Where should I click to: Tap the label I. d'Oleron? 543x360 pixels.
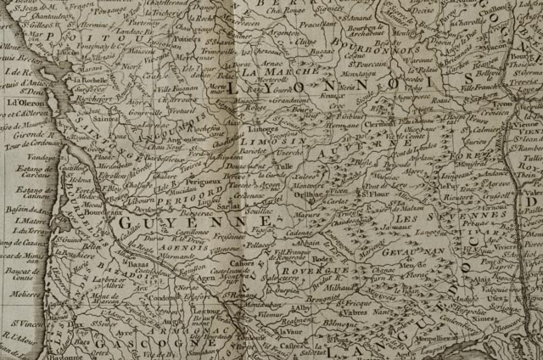click(23, 103)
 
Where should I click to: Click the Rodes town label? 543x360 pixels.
click(321, 261)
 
